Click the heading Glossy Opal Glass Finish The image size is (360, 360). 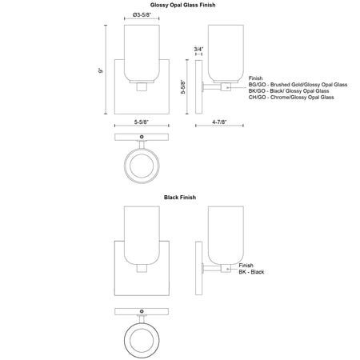click(182, 5)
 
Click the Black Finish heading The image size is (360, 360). click(180, 198)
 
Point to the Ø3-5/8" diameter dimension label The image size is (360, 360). click(142, 15)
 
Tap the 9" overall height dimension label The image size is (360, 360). click(101, 70)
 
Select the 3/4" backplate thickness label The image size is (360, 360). click(198, 49)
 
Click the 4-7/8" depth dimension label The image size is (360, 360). click(219, 122)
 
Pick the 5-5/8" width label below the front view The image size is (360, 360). click(142, 122)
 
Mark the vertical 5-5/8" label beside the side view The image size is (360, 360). click(183, 86)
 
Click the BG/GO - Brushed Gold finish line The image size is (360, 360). click(298, 85)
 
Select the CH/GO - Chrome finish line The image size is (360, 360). click(291, 98)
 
